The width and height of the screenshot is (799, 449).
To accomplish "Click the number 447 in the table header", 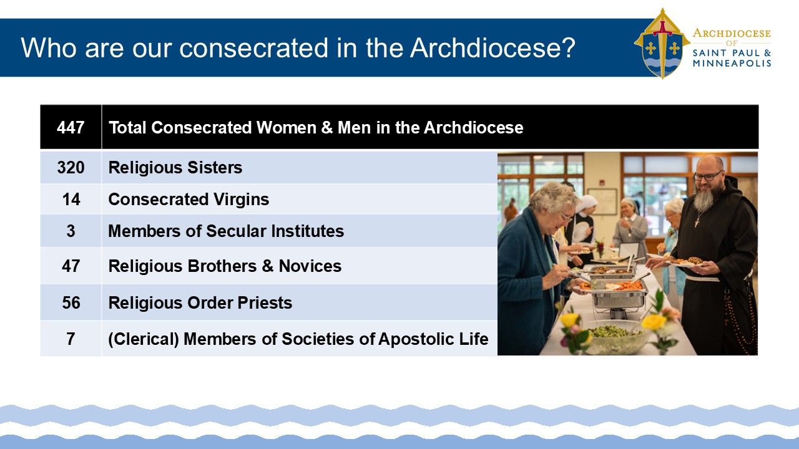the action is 71,128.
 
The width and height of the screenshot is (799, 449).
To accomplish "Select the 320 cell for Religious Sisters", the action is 71,168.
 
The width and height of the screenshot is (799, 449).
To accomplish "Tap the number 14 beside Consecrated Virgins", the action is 71,199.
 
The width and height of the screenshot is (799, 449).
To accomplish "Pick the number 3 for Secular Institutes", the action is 71,231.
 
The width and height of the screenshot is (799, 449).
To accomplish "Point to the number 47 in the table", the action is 71,266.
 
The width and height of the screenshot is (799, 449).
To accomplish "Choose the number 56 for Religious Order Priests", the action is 71,303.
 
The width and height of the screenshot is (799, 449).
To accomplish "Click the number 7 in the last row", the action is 71,339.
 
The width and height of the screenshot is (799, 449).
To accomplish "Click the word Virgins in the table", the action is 241,200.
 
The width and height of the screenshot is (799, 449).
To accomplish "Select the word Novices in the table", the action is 310,266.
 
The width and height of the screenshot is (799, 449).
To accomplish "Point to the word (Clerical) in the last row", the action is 144,339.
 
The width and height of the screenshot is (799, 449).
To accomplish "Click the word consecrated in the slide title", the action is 253,48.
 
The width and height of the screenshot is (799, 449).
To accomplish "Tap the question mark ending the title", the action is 569,47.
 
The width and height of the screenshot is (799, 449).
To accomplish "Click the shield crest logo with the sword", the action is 662,44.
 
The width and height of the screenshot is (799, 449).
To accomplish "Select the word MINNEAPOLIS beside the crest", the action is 732,64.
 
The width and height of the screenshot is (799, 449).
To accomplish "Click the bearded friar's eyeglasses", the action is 708,176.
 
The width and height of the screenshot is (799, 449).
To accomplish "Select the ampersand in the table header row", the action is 326,128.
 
